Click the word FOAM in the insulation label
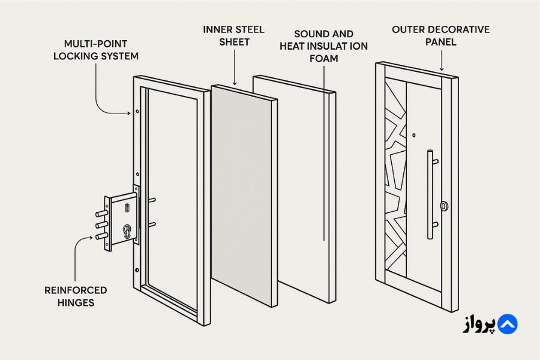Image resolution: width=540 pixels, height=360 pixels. point(323,58)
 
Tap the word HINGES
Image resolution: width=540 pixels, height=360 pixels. point(76,303)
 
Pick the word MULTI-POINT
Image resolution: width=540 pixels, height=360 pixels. point(96,44)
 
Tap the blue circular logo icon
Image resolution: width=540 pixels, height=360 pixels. point(507,324)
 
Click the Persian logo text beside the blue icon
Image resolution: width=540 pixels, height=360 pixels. point(479,325)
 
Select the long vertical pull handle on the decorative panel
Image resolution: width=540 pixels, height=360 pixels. point(430,194)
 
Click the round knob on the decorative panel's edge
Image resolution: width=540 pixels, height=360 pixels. point(444,206)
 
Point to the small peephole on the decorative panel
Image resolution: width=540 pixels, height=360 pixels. point(414,136)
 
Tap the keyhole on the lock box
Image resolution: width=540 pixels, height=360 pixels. point(127,231)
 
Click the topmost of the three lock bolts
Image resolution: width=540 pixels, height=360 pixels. point(101,214)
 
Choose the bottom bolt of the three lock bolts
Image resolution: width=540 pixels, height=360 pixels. point(101,236)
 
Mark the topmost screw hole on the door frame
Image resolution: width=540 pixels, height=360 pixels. point(137,111)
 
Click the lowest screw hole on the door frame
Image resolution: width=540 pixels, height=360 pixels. point(137,270)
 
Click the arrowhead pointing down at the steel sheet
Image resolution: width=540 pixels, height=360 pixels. point(235,82)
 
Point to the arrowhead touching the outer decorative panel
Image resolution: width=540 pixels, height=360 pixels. point(442,68)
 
